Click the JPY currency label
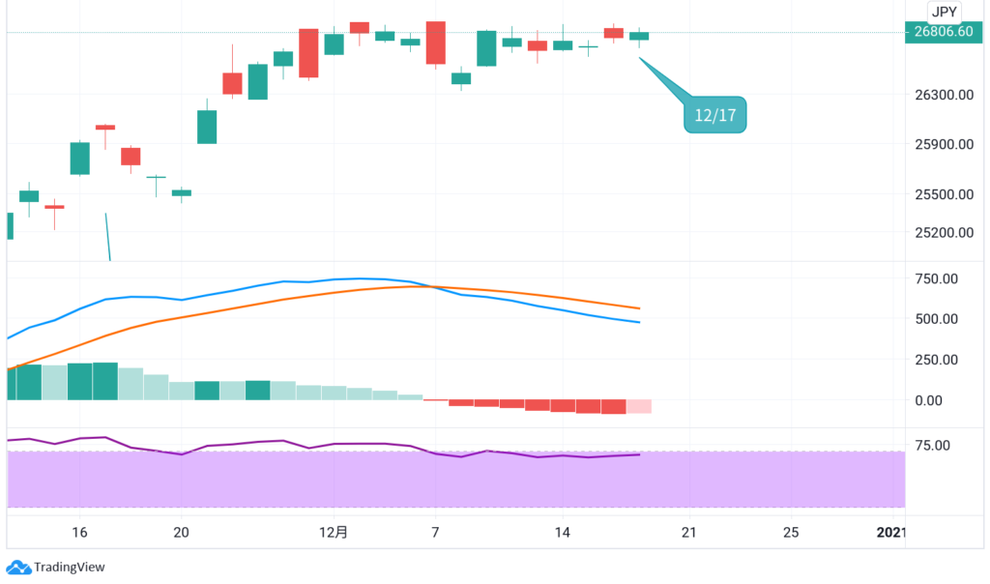[944, 12]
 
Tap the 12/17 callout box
[714, 115]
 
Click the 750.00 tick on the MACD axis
[937, 278]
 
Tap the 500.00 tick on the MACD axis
[937, 319]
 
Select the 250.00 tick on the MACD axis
[937, 360]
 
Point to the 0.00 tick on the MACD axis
[943, 400]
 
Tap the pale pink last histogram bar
[639, 406]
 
